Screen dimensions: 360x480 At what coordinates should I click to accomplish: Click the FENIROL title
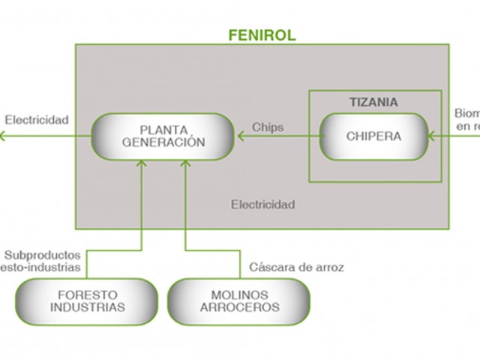262,34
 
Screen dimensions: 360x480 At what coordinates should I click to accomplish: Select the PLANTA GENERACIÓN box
162,136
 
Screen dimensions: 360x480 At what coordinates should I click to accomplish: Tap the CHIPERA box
373,136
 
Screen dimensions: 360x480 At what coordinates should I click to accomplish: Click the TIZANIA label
373,102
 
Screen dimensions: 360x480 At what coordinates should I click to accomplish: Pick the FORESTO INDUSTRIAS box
87,301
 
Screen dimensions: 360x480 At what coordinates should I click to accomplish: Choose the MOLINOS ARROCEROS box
238,301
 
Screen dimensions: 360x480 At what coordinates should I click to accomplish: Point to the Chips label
268,127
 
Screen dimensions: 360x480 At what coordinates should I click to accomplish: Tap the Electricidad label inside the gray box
262,204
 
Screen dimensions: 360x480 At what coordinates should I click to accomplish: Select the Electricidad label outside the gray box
37,119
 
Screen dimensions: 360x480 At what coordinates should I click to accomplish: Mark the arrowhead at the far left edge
3,136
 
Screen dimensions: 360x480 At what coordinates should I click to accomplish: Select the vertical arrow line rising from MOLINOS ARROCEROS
184,217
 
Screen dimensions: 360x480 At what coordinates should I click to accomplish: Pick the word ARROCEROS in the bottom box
238,307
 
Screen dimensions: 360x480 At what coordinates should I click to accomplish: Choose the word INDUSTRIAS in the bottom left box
87,307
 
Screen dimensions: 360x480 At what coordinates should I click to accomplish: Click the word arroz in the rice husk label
329,267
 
